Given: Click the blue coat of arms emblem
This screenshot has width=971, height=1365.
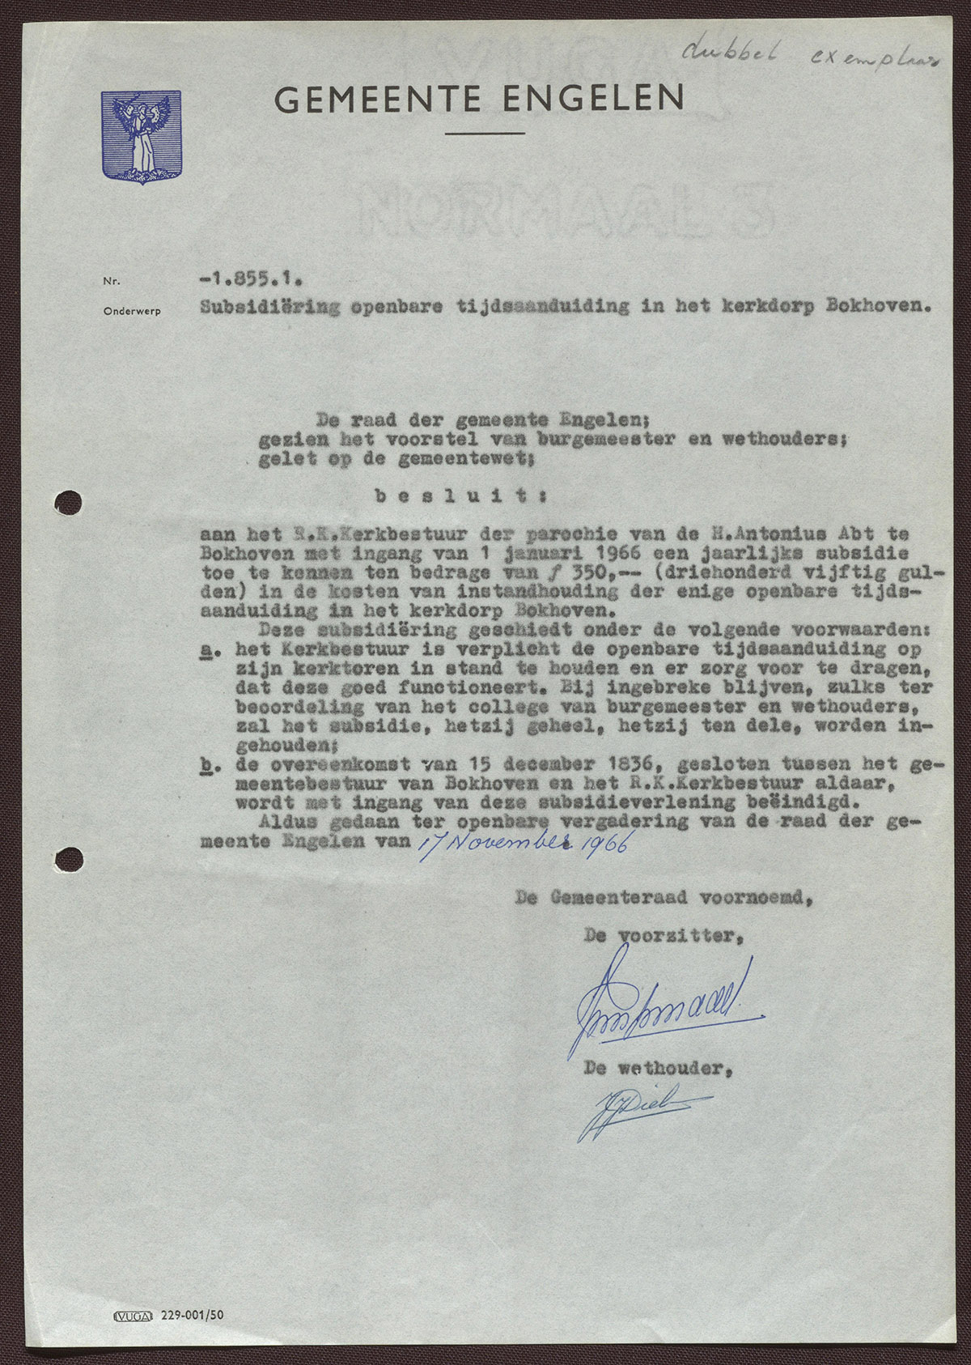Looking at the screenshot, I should pos(141,136).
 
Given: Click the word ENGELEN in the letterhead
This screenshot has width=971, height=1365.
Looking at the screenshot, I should pos(593,99).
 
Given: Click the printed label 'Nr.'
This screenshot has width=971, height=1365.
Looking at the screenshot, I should pos(111,282).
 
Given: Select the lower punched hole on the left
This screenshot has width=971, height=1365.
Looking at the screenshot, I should pos(70,855).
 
